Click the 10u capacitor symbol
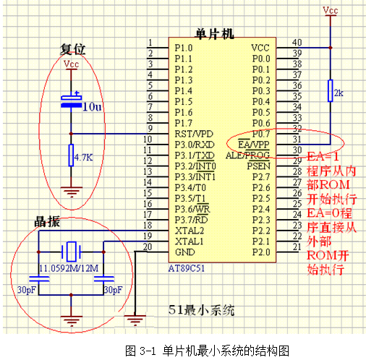click(x=71, y=101)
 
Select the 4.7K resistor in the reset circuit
click(x=71, y=155)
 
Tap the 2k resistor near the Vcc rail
click(x=331, y=90)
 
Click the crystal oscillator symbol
click(x=71, y=252)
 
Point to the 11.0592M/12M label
click(x=69, y=268)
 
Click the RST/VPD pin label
click(x=194, y=134)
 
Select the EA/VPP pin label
click(x=254, y=145)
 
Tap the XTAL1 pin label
click(x=190, y=241)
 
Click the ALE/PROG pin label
click(x=248, y=155)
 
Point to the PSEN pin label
click(x=258, y=166)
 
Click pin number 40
click(x=297, y=43)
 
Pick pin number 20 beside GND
click(x=148, y=247)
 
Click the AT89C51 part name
click(x=187, y=268)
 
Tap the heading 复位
click(x=72, y=49)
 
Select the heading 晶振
click(x=47, y=221)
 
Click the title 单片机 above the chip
click(x=214, y=34)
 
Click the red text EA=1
click(x=323, y=157)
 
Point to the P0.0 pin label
click(x=261, y=59)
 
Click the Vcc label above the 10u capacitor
click(x=71, y=64)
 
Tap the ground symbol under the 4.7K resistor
click(x=72, y=192)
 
